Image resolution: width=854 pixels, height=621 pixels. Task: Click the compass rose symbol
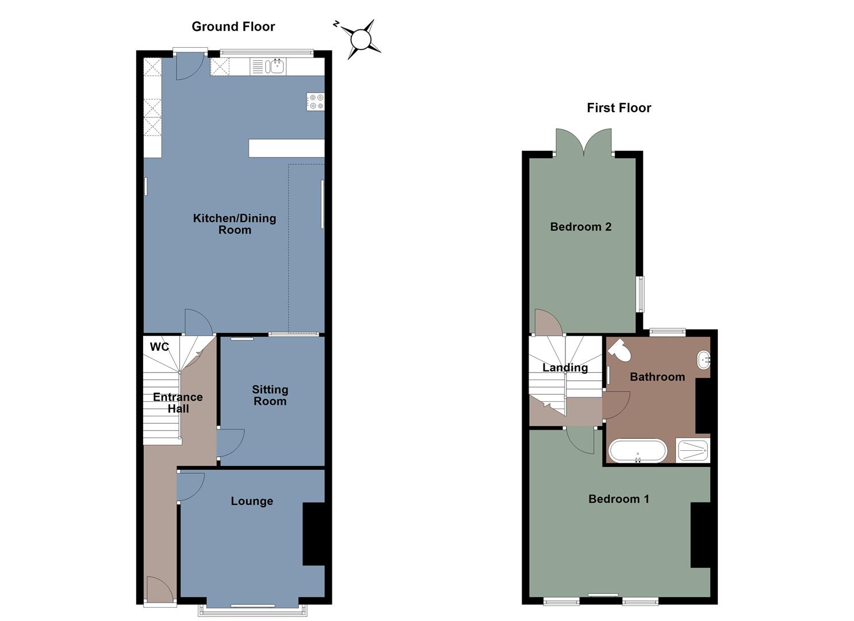point(361,39)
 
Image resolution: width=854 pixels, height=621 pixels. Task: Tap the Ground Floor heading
point(233,26)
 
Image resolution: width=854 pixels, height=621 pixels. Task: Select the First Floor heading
point(619,108)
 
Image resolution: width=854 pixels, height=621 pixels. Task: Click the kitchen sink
point(277,67)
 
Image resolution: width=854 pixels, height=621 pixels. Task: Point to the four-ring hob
point(316,102)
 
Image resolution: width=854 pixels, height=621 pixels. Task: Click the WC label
point(159,347)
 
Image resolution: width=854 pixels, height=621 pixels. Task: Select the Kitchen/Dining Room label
point(235,224)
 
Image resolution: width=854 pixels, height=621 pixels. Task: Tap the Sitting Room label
point(270,396)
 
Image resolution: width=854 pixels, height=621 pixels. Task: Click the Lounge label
point(252,501)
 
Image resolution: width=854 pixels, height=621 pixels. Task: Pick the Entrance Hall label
point(178,402)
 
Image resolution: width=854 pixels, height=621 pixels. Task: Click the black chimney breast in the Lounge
point(313,534)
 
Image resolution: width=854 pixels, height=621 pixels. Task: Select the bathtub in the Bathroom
point(638,451)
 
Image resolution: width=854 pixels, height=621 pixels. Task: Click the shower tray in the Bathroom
point(694,450)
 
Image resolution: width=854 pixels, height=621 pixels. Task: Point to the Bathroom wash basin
point(703,360)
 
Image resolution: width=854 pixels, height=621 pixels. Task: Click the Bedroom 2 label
point(581,227)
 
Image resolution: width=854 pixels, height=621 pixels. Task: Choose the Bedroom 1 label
point(619,499)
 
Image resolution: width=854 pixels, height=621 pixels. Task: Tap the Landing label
point(565,367)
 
